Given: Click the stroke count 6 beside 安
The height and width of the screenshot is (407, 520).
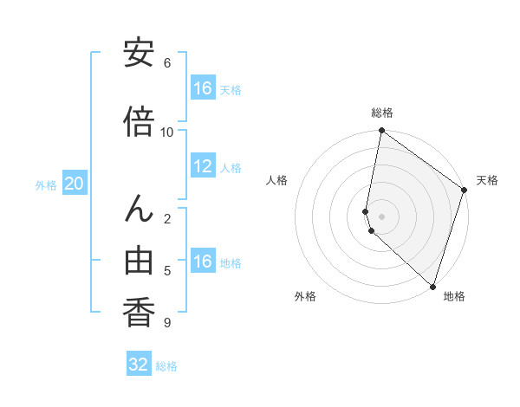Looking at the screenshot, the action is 167,63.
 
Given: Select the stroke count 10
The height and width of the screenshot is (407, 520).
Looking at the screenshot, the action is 167,132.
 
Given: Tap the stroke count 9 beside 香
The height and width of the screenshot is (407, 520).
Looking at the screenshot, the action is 167,323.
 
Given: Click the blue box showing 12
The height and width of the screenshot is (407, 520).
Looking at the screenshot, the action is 202,166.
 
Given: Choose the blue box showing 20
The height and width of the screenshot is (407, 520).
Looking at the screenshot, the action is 75,184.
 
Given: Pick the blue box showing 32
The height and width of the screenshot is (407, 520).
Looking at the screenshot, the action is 139,365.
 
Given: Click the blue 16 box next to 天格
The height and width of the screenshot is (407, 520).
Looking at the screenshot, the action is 202,88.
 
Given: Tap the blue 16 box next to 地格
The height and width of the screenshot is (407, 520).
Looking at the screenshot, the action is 202,262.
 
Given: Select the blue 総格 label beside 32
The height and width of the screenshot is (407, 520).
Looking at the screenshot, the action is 166,366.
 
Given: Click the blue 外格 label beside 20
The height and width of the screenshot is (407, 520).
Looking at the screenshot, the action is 46,184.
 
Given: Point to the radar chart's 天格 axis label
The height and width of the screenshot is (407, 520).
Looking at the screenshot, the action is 487,180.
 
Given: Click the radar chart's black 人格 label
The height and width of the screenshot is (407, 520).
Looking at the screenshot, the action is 277,180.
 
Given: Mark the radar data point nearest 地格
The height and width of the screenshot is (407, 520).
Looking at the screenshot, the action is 432,286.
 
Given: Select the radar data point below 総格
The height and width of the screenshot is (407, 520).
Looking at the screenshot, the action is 381,131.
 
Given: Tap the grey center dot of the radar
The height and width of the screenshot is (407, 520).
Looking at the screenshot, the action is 381,216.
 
